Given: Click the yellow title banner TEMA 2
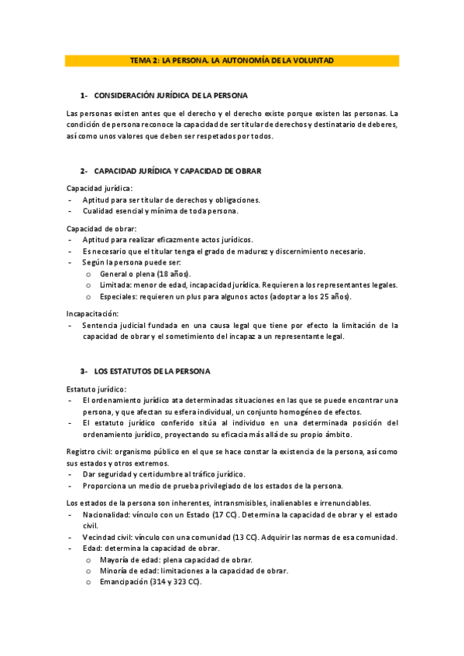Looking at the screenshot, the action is [232, 60].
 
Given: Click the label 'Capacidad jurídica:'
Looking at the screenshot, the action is [99, 188].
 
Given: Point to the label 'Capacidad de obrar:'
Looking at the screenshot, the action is [101, 228].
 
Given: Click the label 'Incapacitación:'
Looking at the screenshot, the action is [93, 313].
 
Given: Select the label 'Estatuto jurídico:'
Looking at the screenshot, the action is [98, 388].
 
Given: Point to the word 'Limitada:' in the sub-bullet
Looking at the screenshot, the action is [117, 285].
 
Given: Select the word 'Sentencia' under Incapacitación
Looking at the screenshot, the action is [101, 326].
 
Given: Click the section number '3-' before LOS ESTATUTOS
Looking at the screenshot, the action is [84, 371].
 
